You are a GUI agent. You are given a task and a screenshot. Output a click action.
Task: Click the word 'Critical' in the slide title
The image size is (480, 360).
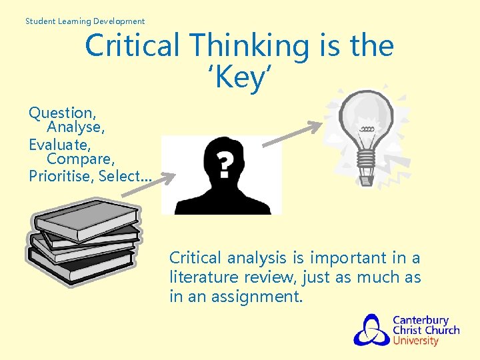[133, 46]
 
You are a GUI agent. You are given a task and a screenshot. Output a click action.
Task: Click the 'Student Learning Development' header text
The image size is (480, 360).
[85, 21]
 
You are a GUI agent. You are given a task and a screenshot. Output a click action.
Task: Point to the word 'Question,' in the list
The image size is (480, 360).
[62, 113]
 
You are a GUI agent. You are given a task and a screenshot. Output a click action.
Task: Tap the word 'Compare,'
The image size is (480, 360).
[81, 160]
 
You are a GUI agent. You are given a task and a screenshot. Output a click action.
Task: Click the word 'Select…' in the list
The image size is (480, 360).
[125, 176]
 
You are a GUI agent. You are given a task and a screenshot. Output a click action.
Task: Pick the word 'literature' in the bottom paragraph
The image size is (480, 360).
[203, 277]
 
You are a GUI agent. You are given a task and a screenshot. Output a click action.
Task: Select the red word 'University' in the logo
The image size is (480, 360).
[415, 341]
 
